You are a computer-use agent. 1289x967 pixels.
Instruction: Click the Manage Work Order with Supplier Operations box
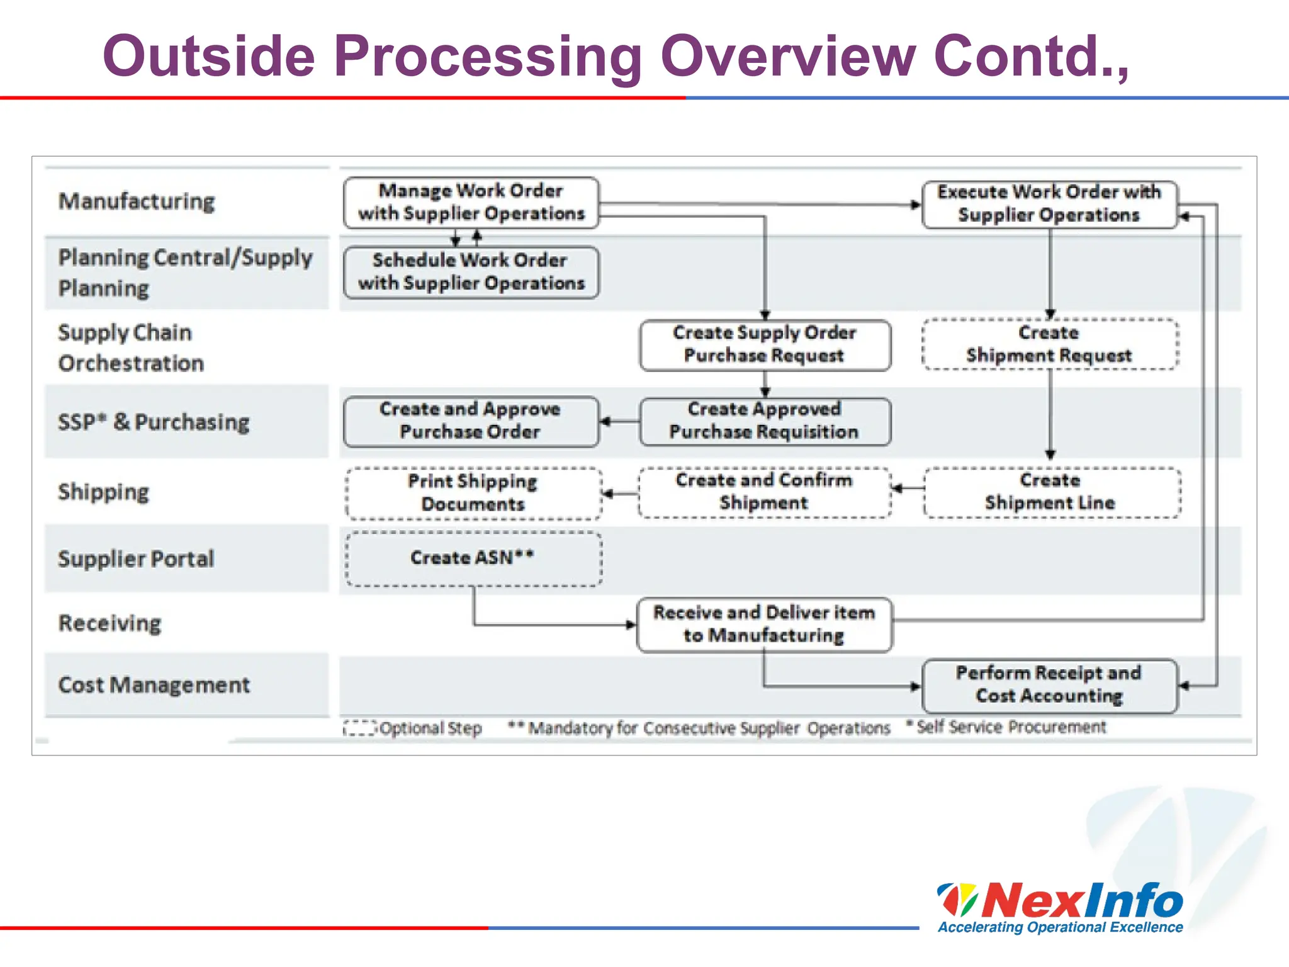coord(471,202)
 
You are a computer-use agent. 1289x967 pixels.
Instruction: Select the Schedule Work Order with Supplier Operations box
coord(471,272)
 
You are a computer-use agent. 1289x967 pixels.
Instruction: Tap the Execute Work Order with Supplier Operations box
coord(1049,204)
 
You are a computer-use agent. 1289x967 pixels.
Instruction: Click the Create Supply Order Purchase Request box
coord(765,344)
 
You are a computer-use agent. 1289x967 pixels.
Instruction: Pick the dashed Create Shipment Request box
coord(1049,344)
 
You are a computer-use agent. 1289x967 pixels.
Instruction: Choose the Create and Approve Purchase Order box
coord(470,421)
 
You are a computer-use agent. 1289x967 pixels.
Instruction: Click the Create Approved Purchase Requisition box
coord(765,421)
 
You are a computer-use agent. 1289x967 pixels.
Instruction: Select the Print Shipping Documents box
coord(473,493)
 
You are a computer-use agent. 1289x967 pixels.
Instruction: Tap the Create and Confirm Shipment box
coord(764,492)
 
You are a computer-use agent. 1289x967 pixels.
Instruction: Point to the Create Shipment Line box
coord(1051,492)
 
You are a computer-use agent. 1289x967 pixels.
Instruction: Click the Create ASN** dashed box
coord(473,558)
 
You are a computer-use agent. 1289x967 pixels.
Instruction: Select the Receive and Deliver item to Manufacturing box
coord(764,625)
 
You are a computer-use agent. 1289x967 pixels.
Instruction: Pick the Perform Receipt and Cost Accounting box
coord(1049,685)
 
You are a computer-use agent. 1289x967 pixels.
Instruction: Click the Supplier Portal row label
coord(136,559)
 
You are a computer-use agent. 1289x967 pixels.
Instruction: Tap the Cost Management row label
coord(154,685)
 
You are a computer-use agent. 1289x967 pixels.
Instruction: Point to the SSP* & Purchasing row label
coord(154,422)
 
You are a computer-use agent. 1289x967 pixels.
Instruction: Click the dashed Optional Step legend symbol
coord(359,728)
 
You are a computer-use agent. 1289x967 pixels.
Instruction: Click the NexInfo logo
coord(1060,905)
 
